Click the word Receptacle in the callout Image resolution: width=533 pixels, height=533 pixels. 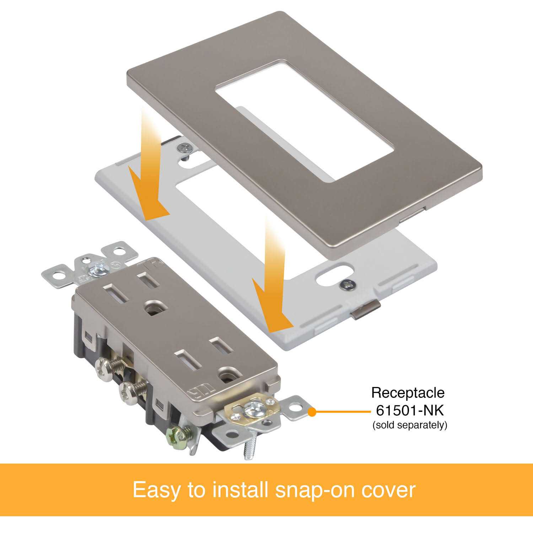408,393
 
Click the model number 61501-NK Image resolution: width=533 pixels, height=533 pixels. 410,410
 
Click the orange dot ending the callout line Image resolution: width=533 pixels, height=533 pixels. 312,412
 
